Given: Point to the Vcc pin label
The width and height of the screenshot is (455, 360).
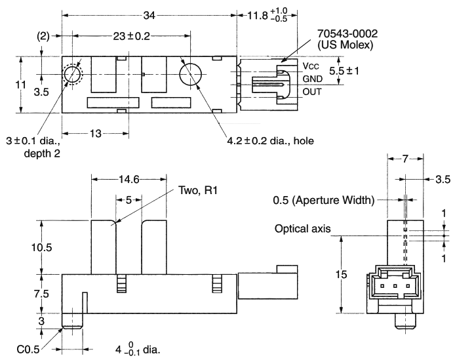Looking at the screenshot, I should point(310,66).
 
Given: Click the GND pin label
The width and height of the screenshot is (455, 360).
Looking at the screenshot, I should point(313,79).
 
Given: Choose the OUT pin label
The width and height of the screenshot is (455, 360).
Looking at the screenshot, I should point(312,91).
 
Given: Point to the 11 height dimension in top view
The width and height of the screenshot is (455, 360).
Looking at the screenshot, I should point(21,85).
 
